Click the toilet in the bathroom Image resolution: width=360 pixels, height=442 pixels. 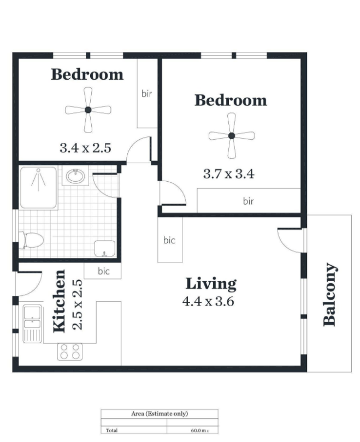31,240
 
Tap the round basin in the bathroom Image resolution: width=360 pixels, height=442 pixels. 75,176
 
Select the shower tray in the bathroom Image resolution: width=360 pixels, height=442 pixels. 39,188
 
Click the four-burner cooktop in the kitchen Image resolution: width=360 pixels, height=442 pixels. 70,351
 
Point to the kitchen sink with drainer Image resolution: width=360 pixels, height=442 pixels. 32,324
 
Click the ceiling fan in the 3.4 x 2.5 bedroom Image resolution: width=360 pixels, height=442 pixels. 88,110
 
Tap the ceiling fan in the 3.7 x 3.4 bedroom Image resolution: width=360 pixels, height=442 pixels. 232,136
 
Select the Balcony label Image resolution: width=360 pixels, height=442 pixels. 330,295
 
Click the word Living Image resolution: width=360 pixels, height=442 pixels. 211,284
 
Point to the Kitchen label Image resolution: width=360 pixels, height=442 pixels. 59,301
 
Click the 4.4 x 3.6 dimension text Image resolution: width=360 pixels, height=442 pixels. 208,301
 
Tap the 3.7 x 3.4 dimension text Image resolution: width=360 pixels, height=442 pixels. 229,174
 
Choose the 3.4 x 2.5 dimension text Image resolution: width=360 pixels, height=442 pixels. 85,148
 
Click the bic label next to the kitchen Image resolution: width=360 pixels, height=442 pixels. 104,271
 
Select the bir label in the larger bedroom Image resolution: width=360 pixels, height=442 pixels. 248,201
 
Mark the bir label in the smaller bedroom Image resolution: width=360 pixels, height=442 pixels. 147,94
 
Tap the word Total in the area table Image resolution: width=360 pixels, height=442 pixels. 112,430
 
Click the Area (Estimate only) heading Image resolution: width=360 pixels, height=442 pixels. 160,414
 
